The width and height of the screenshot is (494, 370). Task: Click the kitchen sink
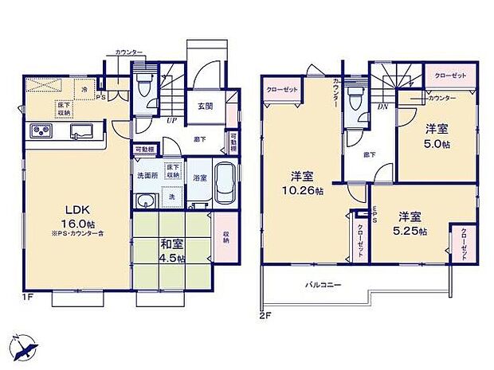pyautogui.click(x=81, y=131)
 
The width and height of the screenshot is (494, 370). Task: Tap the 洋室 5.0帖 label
pyautogui.click(x=436, y=135)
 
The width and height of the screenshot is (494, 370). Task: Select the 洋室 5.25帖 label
pyautogui.click(x=414, y=223)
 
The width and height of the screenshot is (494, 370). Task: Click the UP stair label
pyautogui.click(x=171, y=120)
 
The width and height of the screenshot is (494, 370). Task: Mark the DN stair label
pyautogui.click(x=383, y=107)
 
